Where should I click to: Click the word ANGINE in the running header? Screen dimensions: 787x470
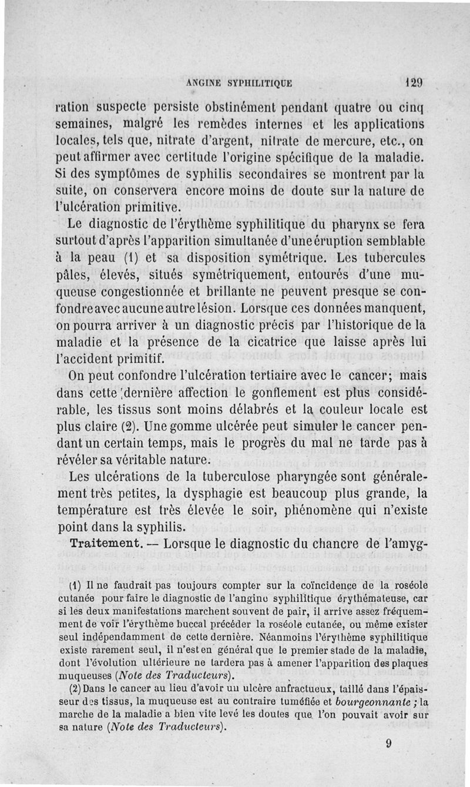pyautogui.click(x=203, y=83)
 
